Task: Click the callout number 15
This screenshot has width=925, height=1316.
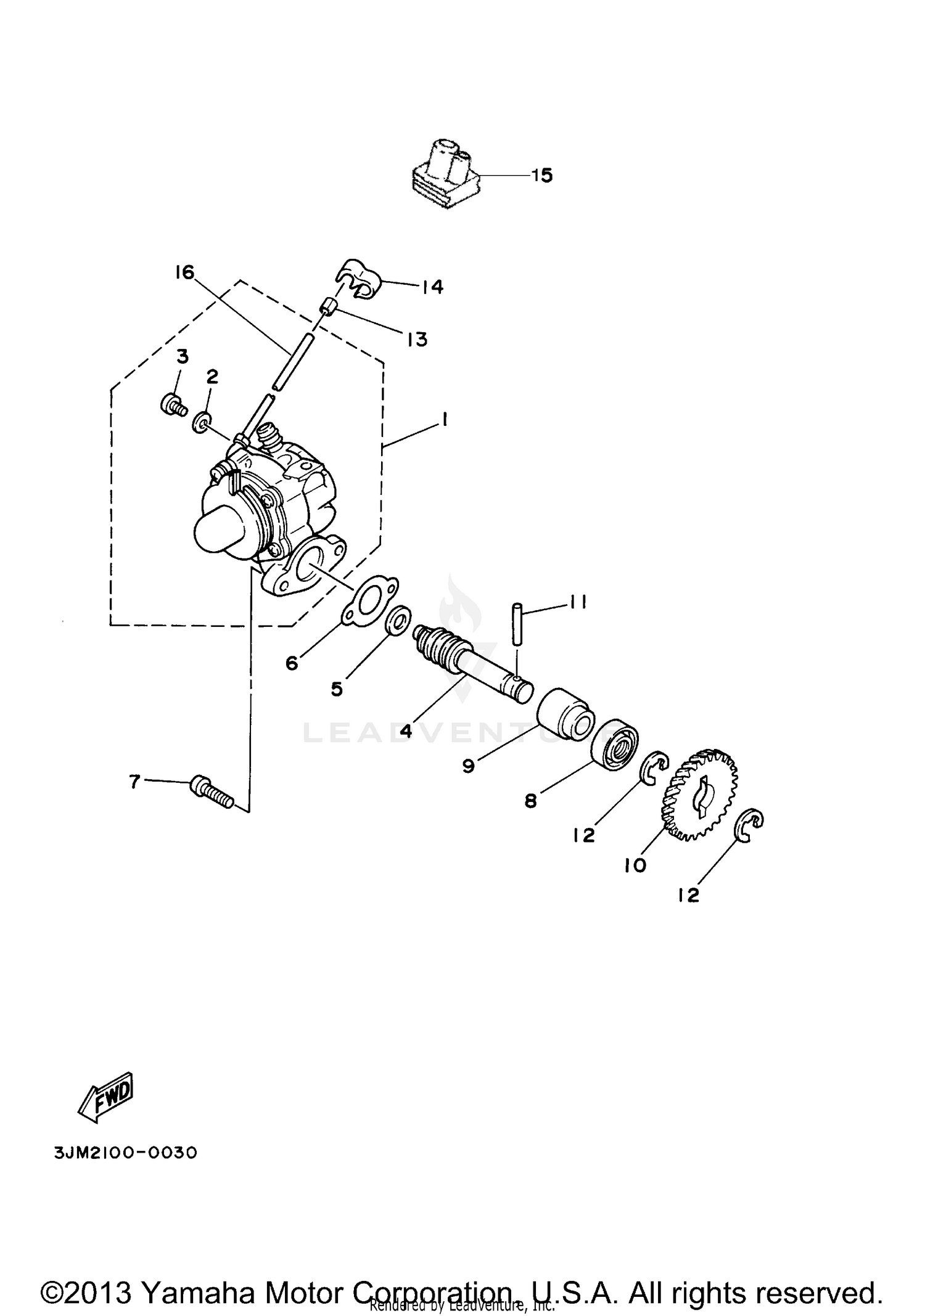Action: click(542, 176)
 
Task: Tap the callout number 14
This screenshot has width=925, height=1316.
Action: click(432, 287)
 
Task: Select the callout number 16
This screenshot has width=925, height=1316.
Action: click(184, 272)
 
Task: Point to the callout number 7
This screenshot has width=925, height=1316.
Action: click(135, 782)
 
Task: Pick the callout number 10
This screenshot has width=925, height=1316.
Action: click(635, 865)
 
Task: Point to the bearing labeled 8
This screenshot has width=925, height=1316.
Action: click(615, 743)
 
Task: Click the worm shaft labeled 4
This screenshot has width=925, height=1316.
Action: click(472, 664)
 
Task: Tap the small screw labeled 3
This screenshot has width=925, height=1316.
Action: click(173, 406)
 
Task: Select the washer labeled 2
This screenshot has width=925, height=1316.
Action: click(200, 423)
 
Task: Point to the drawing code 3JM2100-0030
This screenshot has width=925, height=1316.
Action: click(126, 1153)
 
